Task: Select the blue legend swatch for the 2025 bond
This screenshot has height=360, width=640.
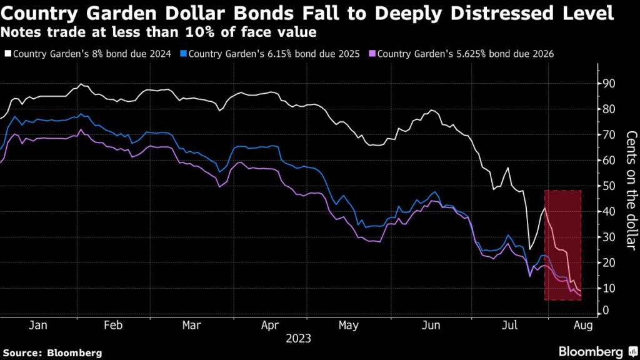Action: [x=184, y=54]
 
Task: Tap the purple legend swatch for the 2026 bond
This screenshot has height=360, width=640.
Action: [x=373, y=54]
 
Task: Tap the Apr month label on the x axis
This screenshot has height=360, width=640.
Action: [x=269, y=326]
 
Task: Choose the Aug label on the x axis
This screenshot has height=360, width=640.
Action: [x=581, y=326]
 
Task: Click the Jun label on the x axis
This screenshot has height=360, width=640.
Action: [x=431, y=326]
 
